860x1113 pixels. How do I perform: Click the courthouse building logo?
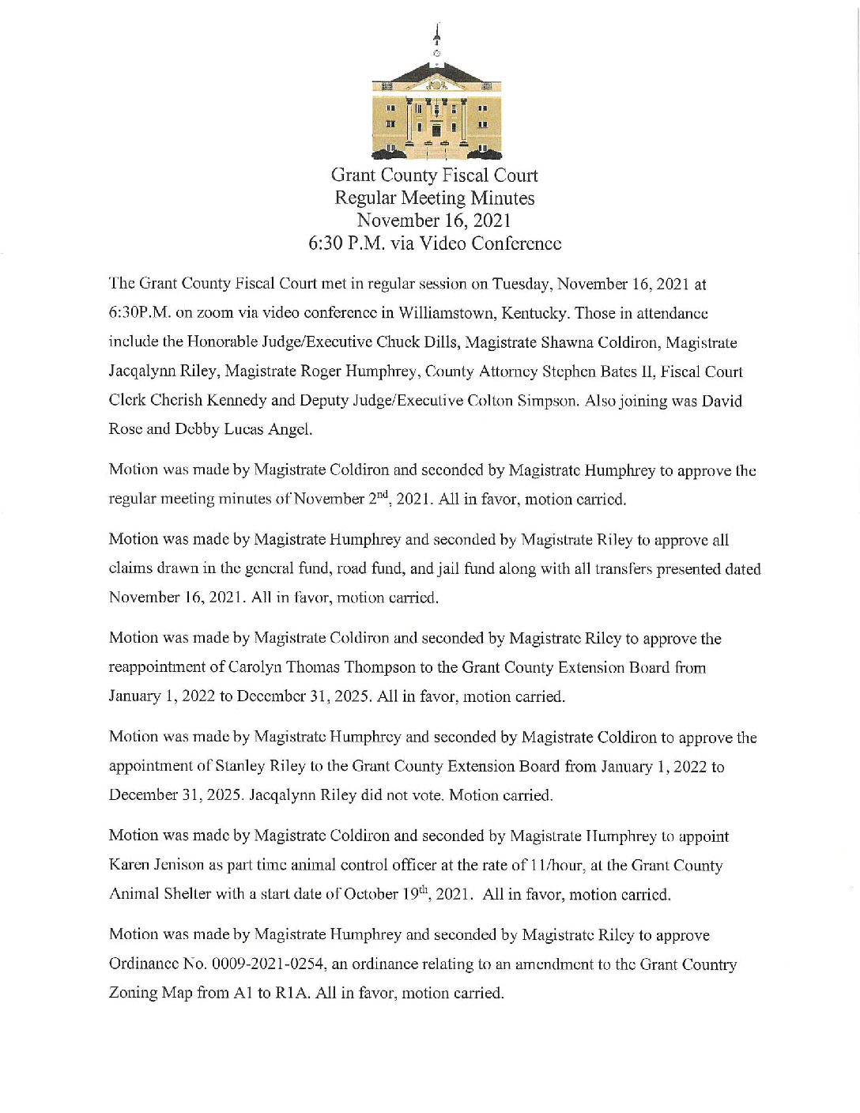[x=436, y=111]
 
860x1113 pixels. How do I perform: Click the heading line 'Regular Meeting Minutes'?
[x=434, y=198]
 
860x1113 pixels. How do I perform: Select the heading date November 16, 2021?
[x=434, y=221]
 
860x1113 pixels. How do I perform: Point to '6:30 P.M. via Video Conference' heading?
[x=434, y=243]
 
